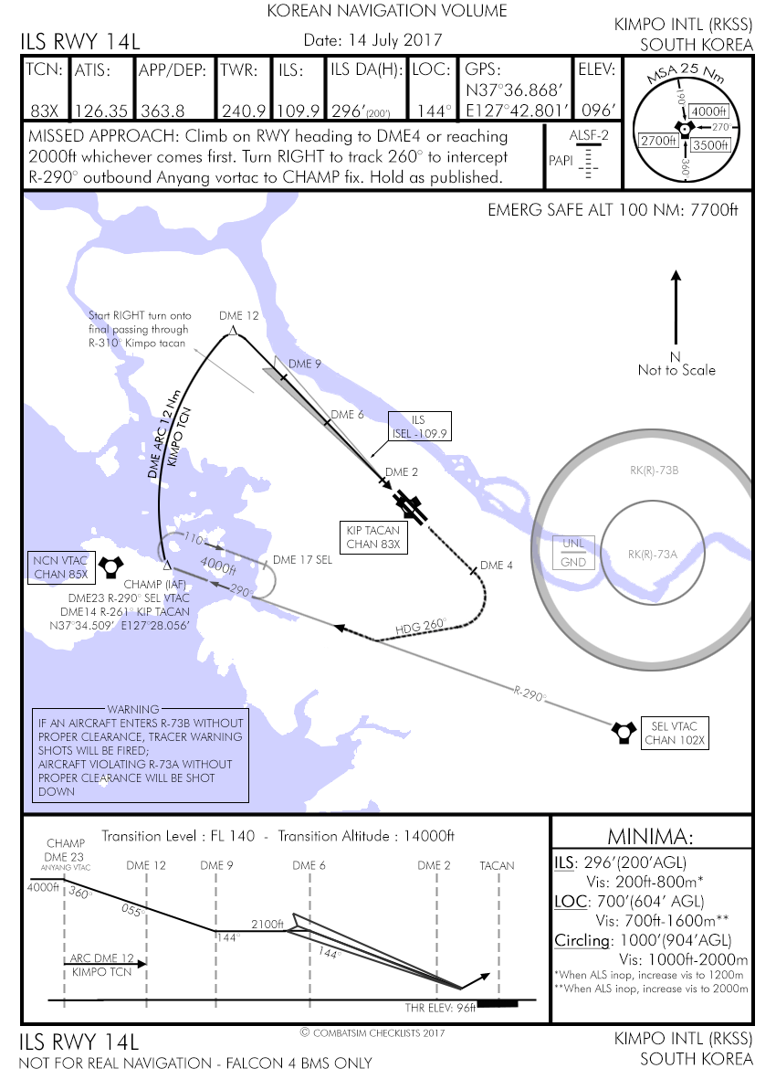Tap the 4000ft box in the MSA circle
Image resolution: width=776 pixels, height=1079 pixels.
point(708,111)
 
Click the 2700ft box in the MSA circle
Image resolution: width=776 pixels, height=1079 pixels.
point(658,141)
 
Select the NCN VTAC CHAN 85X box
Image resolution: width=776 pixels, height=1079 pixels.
point(60,567)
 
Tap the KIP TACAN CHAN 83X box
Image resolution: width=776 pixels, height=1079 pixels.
point(372,537)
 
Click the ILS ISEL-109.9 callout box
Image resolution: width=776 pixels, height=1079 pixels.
point(419,427)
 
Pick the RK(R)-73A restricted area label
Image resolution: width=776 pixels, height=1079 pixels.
point(652,554)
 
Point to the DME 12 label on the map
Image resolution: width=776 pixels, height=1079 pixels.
point(239,315)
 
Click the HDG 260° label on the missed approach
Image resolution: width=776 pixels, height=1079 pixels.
point(422,627)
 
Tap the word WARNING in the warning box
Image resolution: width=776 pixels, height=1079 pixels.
point(131,709)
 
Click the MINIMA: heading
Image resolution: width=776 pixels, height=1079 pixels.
point(652,838)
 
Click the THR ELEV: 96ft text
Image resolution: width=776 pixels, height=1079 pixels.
point(440,1009)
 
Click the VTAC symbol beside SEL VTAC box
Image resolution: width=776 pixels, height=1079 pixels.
point(624,730)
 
